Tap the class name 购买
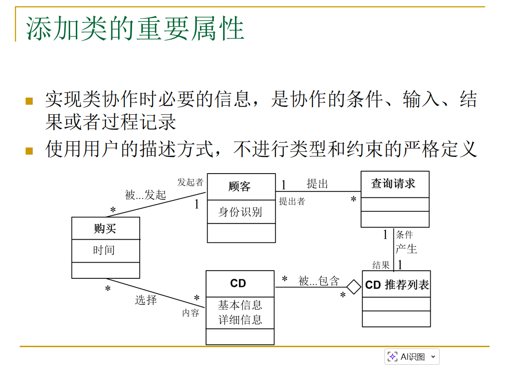pyautogui.click(x=105, y=228)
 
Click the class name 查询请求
pyautogui.click(x=393, y=184)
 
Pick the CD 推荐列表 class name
pyautogui.click(x=397, y=285)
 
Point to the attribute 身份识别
pyautogui.click(x=240, y=212)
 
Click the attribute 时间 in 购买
pyautogui.click(x=104, y=250)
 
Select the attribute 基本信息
pyautogui.click(x=240, y=305)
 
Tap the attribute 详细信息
pyautogui.click(x=240, y=320)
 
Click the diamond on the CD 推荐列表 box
pyautogui.click(x=354, y=287)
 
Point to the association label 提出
pyautogui.click(x=318, y=184)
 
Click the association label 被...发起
pyautogui.click(x=145, y=195)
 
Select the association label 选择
pyautogui.click(x=146, y=300)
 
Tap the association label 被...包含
pyautogui.click(x=319, y=281)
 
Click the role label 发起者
pyautogui.click(x=190, y=182)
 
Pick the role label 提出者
pyautogui.click(x=292, y=201)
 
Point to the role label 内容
pyautogui.click(x=190, y=313)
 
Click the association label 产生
pyautogui.click(x=406, y=249)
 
